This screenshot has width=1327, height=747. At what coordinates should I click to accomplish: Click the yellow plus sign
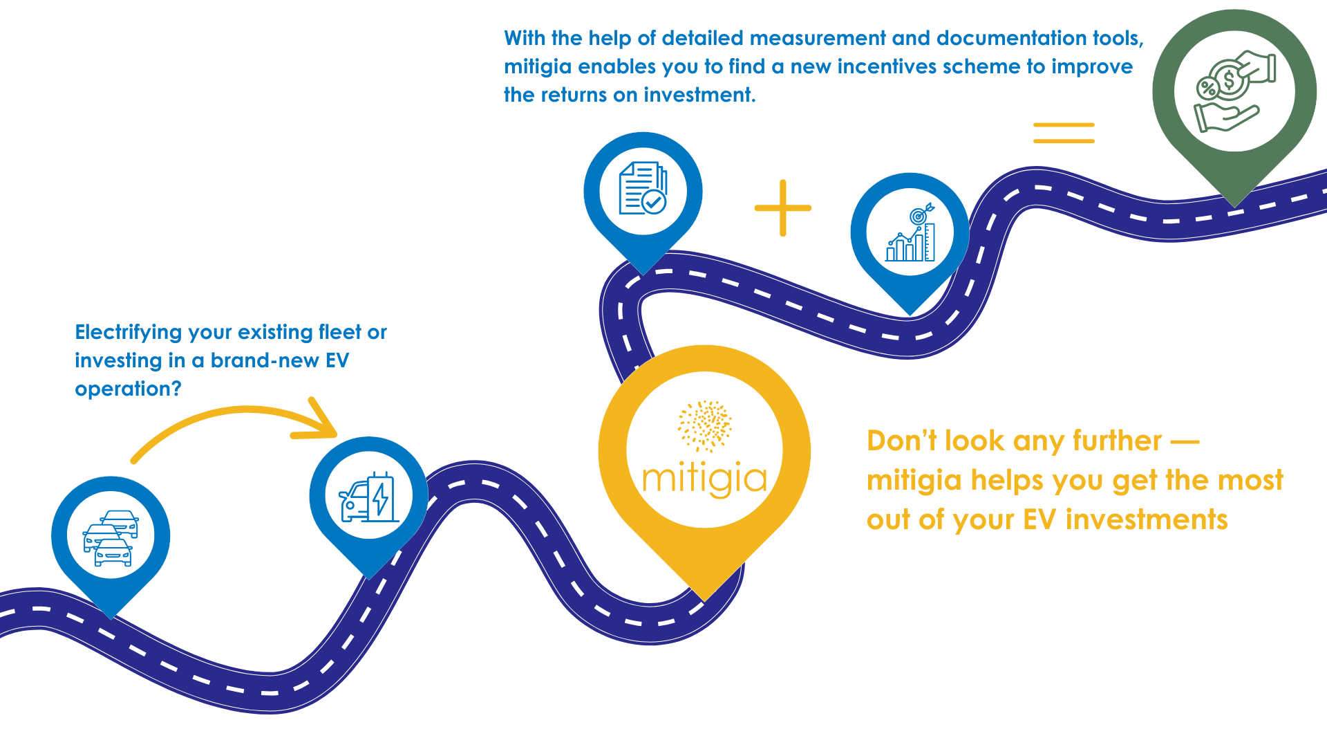click(x=782, y=207)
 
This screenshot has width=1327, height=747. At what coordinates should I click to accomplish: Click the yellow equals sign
click(x=1064, y=133)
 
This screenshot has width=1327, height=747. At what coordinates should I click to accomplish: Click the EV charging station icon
click(x=368, y=497)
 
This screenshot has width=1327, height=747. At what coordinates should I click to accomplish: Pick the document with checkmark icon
click(x=643, y=189)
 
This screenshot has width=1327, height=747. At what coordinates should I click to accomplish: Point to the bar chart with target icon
click(x=910, y=233)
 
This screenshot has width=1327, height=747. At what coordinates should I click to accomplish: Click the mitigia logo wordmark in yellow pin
click(x=704, y=479)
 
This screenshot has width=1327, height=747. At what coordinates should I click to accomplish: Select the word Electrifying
click(x=129, y=333)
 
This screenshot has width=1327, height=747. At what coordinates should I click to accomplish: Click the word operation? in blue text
click(x=128, y=389)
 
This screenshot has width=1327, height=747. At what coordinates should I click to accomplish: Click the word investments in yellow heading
click(x=1147, y=520)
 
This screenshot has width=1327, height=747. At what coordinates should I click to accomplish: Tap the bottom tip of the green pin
click(x=1235, y=205)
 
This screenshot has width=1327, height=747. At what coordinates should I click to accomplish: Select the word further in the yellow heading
click(x=1117, y=441)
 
